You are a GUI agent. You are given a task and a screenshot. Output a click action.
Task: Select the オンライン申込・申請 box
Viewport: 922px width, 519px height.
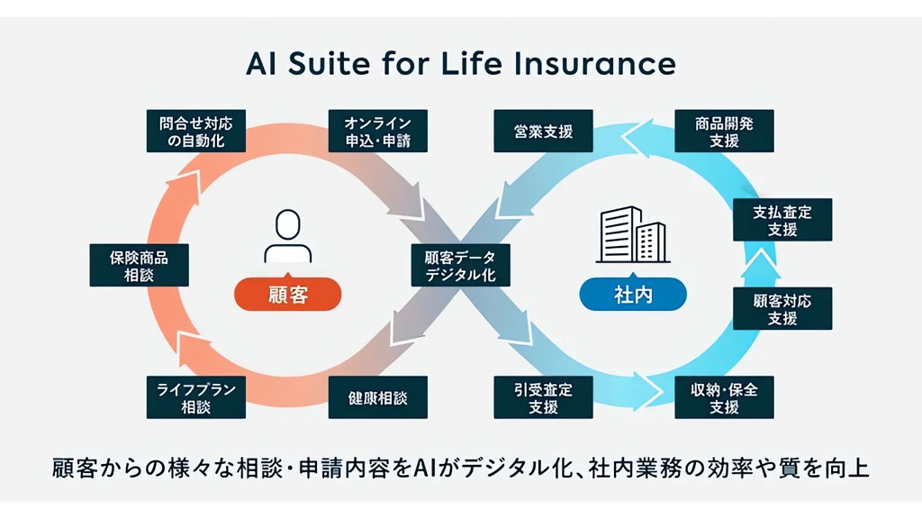pos(377,131)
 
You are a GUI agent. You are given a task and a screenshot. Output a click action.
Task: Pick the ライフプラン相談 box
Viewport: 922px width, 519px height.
pos(195,397)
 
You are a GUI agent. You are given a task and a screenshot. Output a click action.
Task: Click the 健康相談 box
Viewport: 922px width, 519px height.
pos(377,397)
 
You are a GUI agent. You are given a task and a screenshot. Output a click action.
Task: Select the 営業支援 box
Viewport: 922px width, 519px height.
pos(545,131)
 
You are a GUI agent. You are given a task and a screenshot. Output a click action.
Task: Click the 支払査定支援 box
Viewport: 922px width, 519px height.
pos(782,219)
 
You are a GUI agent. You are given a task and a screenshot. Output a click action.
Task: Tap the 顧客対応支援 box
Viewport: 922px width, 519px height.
pos(782,308)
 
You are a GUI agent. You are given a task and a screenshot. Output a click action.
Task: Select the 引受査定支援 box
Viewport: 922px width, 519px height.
pos(545,397)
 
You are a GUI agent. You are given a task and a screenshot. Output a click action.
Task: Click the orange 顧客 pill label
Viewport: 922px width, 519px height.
pos(288,294)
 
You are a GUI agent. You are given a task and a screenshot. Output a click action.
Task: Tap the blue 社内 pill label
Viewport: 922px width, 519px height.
pos(632,294)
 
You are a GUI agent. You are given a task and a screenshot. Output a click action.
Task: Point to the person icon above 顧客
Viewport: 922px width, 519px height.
pos(287,237)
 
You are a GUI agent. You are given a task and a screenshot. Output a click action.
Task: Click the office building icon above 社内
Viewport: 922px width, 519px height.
pos(632,235)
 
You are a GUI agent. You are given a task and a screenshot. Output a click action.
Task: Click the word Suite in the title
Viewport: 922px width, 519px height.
pos(314,64)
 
